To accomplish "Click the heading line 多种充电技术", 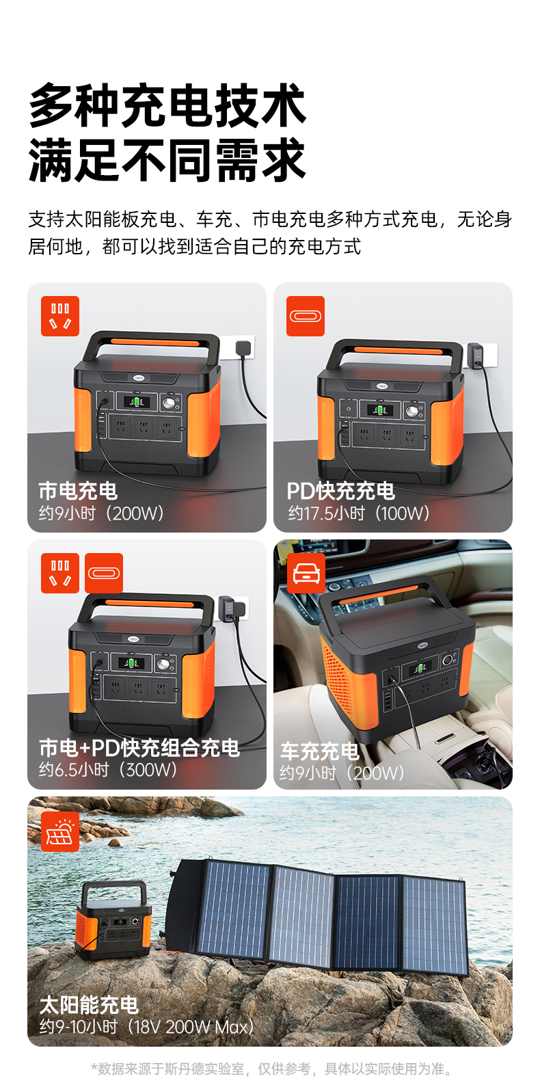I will pyautogui.click(x=167, y=105).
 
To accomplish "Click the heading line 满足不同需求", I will pyautogui.click(x=167, y=160).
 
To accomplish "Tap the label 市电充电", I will pyautogui.click(x=78, y=490).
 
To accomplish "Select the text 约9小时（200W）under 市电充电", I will pyautogui.click(x=101, y=513).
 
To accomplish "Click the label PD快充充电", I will pyautogui.click(x=340, y=490).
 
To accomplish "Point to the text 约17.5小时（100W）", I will pyautogui.click(x=358, y=513).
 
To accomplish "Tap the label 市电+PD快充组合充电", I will pyautogui.click(x=139, y=747).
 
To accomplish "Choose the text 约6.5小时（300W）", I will pyautogui.click(x=108, y=769).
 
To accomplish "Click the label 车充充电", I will pyautogui.click(x=319, y=751).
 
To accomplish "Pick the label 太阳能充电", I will pyautogui.click(x=89, y=1004).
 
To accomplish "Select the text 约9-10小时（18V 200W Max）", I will pyautogui.click(x=146, y=1026).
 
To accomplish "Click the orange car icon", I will pyautogui.click(x=306, y=573).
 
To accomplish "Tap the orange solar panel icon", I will pyautogui.click(x=60, y=831).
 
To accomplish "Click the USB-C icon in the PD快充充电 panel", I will pyautogui.click(x=306, y=316).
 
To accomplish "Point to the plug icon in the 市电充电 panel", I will pyautogui.click(x=60, y=316).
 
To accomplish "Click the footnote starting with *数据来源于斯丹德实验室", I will pyautogui.click(x=271, y=1069).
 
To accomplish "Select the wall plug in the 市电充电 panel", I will pyautogui.click(x=244, y=347).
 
